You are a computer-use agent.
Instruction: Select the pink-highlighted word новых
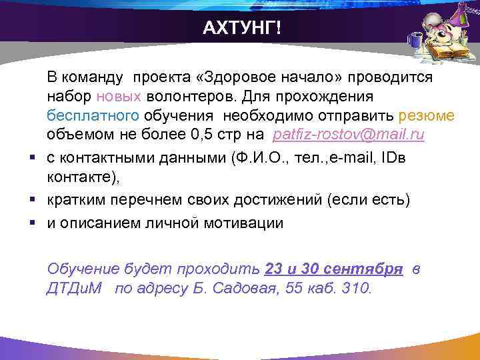(x=118, y=97)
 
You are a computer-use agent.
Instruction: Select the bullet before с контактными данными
(x=31, y=159)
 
